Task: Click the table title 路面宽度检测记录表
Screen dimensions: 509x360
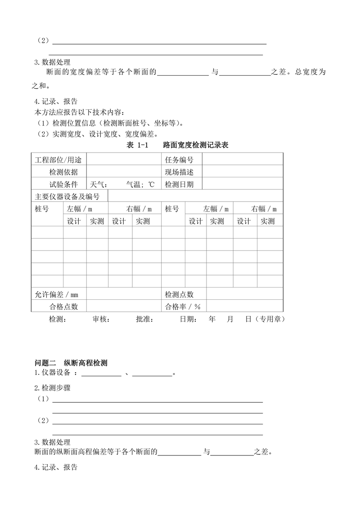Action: point(196,145)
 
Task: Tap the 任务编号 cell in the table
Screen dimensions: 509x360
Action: point(179,160)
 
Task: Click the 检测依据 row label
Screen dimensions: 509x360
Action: point(63,172)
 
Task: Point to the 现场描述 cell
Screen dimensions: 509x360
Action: point(179,172)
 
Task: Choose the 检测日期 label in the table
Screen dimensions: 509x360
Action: point(179,184)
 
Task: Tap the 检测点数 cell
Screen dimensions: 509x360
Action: point(179,294)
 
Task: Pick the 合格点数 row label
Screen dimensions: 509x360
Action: point(63,306)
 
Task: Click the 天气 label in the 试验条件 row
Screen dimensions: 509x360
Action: point(99,184)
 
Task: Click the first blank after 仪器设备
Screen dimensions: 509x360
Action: point(101,374)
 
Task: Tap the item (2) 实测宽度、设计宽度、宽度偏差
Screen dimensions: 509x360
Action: point(96,134)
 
